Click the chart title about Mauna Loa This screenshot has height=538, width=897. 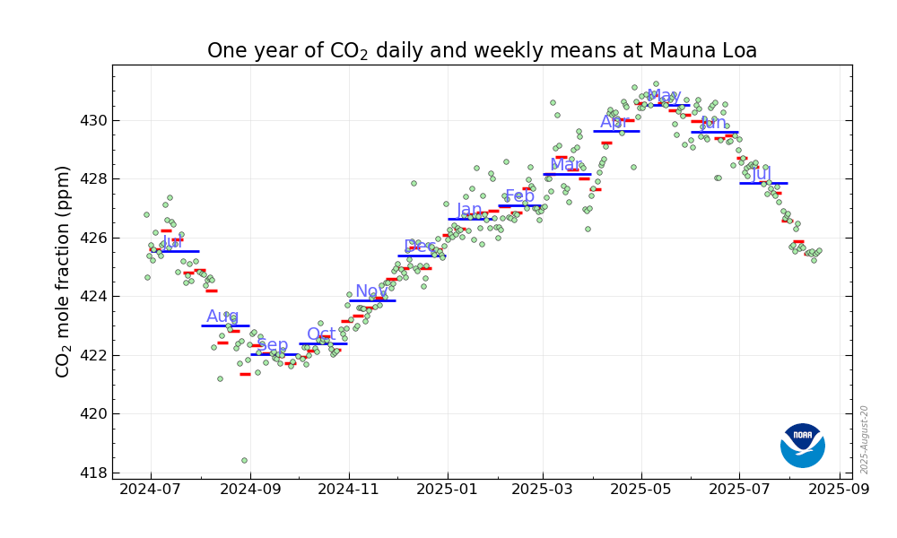point(482,51)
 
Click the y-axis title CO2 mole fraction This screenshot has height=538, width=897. point(63,271)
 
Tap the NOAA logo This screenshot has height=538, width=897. point(802,445)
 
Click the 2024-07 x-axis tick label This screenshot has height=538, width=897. point(150,490)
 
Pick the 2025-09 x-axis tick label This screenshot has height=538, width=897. point(840,490)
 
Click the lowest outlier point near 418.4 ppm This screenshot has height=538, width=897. point(244,461)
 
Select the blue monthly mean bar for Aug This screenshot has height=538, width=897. point(225,325)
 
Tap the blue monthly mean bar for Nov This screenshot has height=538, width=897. point(372,300)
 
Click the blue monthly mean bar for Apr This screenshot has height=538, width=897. point(616,131)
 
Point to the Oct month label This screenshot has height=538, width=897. point(321,334)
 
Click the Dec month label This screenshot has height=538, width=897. point(420,246)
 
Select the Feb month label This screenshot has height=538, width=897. point(519,196)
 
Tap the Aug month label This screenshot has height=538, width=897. point(222,316)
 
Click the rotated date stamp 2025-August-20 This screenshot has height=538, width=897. point(864,439)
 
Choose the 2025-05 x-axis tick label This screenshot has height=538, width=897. point(641,490)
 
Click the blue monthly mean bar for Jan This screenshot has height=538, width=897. point(471,219)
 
